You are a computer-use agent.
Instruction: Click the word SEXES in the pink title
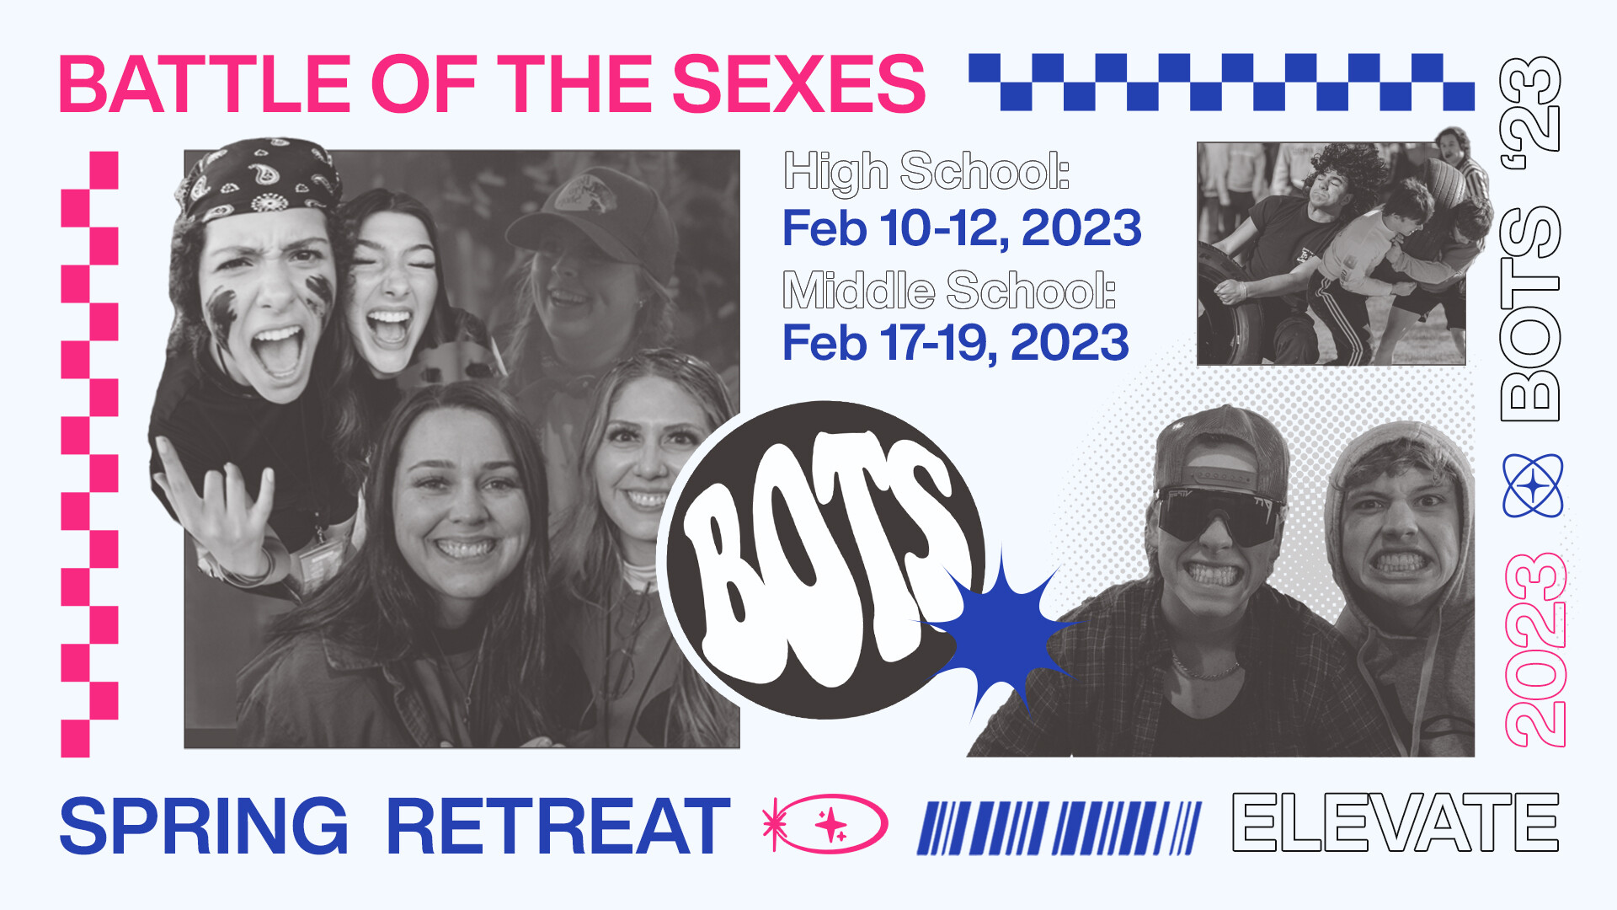798,83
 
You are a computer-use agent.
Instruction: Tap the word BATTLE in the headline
205,83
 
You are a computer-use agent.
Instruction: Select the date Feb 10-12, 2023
962,228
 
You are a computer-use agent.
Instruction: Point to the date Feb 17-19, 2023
956,342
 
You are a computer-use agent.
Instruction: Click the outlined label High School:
926,172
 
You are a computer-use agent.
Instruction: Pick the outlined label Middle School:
949,290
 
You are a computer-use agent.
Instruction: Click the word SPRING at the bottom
204,827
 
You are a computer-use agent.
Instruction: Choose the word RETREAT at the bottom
558,827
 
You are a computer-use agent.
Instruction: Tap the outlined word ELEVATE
1396,822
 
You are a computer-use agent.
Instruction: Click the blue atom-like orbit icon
1533,485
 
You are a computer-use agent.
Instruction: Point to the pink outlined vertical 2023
1534,649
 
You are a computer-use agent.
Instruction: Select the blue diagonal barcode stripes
1059,827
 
